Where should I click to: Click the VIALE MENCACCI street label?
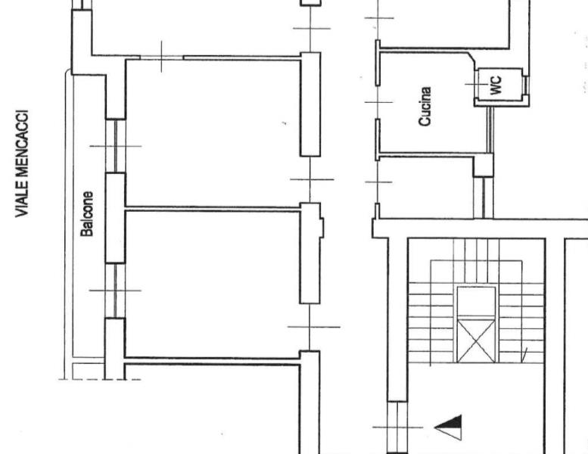tap(22, 163)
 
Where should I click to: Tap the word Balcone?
tap(86, 214)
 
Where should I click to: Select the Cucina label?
tap(425, 107)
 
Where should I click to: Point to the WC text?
tap(496, 85)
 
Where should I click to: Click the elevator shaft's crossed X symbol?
tap(476, 340)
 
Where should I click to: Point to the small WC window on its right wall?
tap(525, 84)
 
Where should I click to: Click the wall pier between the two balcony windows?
tap(116, 218)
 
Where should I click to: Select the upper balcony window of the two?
tap(116, 146)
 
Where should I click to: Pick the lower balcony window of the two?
tap(116, 291)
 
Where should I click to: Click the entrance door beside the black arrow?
tap(397, 427)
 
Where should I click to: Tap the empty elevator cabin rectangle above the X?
tap(476, 301)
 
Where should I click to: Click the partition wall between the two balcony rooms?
tap(213, 209)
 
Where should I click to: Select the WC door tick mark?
tap(477, 84)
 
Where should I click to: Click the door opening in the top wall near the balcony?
tap(162, 58)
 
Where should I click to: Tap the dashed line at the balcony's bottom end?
tap(100, 379)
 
